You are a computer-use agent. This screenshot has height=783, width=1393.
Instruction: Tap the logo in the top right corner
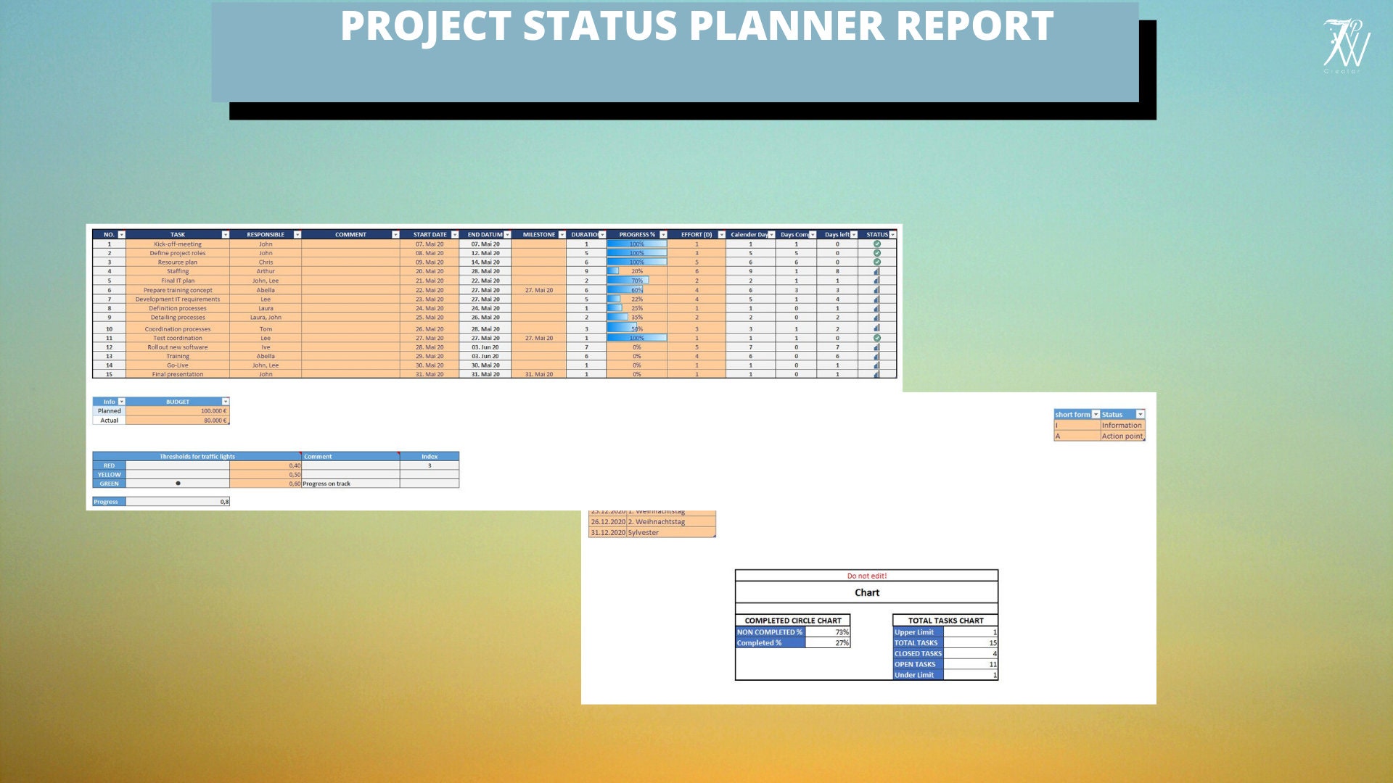[x=1347, y=45]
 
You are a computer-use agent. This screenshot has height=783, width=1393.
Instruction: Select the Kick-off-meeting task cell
[x=178, y=244]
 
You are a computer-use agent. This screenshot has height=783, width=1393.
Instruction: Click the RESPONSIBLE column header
[x=266, y=235]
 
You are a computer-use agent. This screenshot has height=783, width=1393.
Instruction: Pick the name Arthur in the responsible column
[x=266, y=271]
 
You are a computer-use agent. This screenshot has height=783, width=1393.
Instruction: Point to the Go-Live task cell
[x=178, y=365]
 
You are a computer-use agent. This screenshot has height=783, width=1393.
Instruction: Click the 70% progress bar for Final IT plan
[x=628, y=281]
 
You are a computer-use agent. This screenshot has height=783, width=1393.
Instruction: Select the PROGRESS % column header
[x=636, y=235]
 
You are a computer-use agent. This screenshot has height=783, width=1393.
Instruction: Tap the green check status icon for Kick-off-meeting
[x=876, y=244]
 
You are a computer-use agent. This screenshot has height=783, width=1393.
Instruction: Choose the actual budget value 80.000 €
[x=215, y=420]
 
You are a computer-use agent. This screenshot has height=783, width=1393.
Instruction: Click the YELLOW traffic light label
[x=109, y=475]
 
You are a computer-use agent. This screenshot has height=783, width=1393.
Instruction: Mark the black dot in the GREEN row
[x=178, y=484]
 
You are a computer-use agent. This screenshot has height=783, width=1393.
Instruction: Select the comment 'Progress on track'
[x=326, y=484]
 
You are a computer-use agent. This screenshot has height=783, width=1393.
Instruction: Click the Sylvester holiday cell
[x=644, y=533]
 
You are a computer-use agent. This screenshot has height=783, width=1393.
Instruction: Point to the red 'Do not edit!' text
[x=866, y=576]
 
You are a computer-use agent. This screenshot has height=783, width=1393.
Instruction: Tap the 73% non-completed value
[x=842, y=632]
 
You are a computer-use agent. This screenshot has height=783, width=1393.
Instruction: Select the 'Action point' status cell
[x=1122, y=436]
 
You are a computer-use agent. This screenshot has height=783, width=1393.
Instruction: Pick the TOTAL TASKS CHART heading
[x=945, y=621]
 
